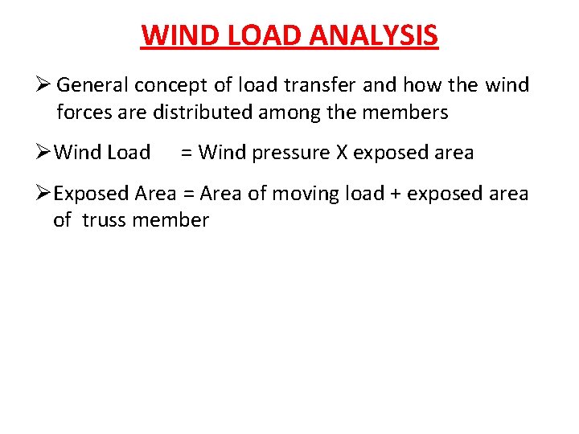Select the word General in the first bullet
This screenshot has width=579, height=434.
click(93, 84)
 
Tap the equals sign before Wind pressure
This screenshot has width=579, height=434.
click(186, 152)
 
